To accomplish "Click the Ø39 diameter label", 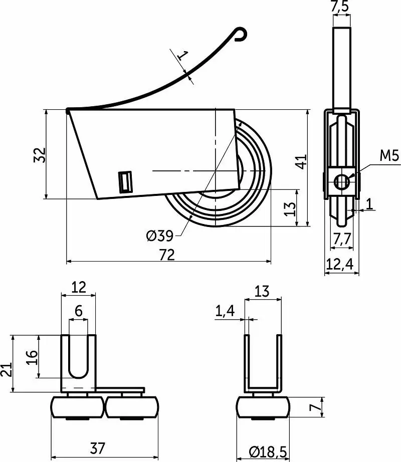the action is (159, 236).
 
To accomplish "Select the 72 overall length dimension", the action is (167, 255).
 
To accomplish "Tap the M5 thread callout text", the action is (389, 155).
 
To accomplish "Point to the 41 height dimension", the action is (301, 161).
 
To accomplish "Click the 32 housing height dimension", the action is (40, 155).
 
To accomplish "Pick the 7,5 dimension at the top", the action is (340, 6).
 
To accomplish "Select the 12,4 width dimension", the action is (340, 264).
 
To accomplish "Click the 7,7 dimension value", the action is (342, 239).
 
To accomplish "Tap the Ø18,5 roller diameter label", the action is (268, 452).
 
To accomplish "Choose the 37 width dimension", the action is (98, 448).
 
